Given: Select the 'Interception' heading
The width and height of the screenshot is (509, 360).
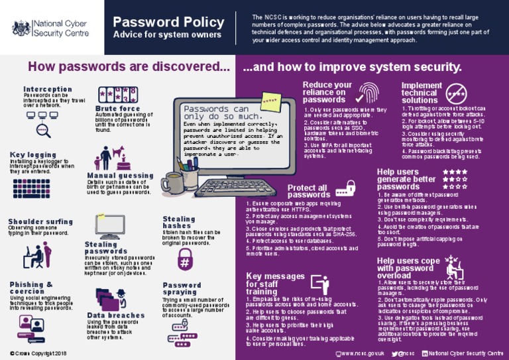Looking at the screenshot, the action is click(48, 89).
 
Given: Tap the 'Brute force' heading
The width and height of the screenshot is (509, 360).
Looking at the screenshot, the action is click(117, 108).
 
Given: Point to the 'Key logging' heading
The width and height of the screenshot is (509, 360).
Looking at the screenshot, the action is click(33, 155).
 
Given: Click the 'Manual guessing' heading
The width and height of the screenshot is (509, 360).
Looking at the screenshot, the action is click(121, 176).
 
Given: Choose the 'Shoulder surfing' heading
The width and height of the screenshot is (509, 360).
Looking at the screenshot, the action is click(40, 221).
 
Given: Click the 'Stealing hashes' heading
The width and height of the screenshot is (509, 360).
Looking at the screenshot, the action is click(179, 222).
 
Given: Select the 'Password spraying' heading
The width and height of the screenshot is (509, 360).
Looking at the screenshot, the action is click(182, 290).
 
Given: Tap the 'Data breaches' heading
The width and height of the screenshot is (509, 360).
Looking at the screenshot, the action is click(115, 316).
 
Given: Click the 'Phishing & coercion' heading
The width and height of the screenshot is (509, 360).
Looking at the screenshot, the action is click(32, 288).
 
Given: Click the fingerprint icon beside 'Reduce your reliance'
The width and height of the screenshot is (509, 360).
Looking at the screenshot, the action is click(370, 92).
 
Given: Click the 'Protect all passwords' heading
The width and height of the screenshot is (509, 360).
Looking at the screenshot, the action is click(308, 191).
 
